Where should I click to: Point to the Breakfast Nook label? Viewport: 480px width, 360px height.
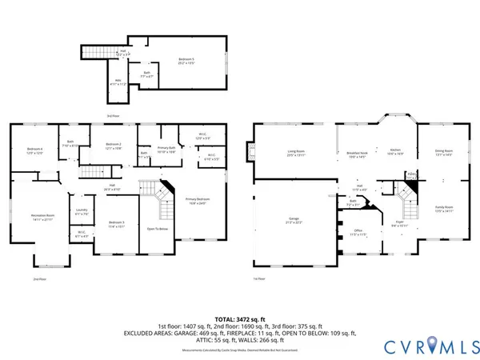pos(357,152)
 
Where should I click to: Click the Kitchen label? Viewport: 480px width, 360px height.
pos(394,150)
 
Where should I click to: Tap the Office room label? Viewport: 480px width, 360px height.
pos(359,233)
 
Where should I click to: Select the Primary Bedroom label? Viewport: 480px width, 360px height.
pos(197,199)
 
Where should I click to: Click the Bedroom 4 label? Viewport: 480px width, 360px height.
pos(34,150)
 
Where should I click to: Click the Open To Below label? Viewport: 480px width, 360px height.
pos(157,227)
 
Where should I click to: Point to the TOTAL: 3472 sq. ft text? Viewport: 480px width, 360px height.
pos(238,319)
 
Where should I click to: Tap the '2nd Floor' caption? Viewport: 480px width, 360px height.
pos(39,279)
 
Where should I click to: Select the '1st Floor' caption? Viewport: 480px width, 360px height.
pos(258,278)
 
